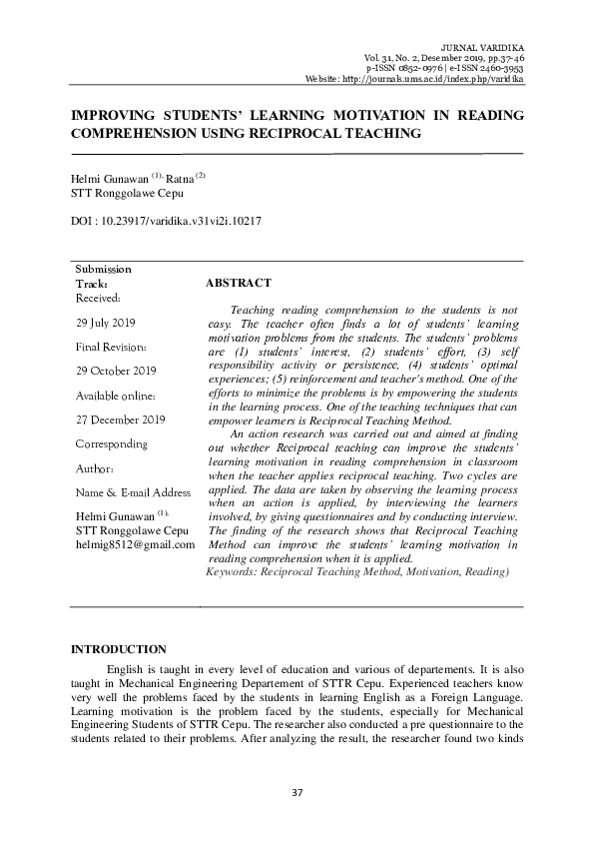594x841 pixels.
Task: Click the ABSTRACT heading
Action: pyautogui.click(x=238, y=284)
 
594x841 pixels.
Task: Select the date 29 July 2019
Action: pyautogui.click(x=107, y=323)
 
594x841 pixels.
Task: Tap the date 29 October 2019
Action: pyautogui.click(x=116, y=371)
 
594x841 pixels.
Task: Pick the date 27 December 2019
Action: pyautogui.click(x=120, y=419)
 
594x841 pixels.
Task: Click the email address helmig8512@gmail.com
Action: pyautogui.click(x=135, y=544)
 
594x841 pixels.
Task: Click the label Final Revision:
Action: pyautogui.click(x=112, y=347)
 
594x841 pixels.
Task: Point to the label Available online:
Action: pyautogui.click(x=114, y=395)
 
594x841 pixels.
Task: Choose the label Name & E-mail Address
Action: pyautogui.click(x=133, y=492)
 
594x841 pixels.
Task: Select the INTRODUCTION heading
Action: pyautogui.click(x=118, y=650)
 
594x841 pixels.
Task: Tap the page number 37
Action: pyautogui.click(x=297, y=792)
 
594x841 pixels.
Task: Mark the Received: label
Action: pyautogui.click(x=98, y=298)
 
